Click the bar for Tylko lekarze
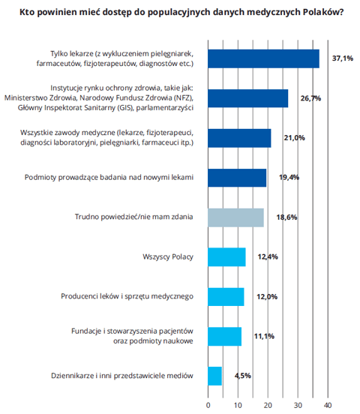(263, 58)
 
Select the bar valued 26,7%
(248, 98)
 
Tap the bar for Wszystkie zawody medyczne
(239, 138)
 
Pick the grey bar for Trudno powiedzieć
(235, 217)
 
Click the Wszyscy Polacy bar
(226, 257)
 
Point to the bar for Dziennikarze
(215, 376)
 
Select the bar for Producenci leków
(226, 297)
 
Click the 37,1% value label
(343, 58)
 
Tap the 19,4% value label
(289, 177)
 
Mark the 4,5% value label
(243, 376)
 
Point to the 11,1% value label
(264, 336)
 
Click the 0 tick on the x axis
(208, 405)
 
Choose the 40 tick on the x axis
(328, 405)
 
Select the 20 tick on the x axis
(268, 405)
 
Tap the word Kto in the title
(26, 12)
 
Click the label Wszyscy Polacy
(168, 257)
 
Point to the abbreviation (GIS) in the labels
(125, 108)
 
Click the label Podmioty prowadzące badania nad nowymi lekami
(109, 177)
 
